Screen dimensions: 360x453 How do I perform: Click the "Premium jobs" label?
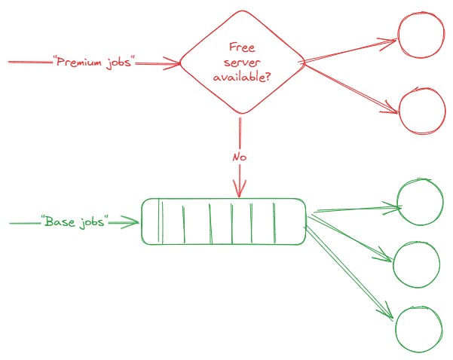pos(93,63)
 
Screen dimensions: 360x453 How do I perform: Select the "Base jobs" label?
pos(75,222)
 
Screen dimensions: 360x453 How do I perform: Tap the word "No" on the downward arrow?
pos(239,157)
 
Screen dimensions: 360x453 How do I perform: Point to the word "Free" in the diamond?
pos(240,47)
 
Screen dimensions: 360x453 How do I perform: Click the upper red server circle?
pos(421,38)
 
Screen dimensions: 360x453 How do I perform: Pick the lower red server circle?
pos(421,112)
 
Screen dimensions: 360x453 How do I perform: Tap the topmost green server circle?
pos(420,203)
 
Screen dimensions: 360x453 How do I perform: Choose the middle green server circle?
pos(416,264)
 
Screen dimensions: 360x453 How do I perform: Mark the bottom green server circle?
pos(418,329)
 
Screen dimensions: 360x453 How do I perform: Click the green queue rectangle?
pos(224,221)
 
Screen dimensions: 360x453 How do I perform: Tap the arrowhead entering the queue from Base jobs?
pos(136,222)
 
